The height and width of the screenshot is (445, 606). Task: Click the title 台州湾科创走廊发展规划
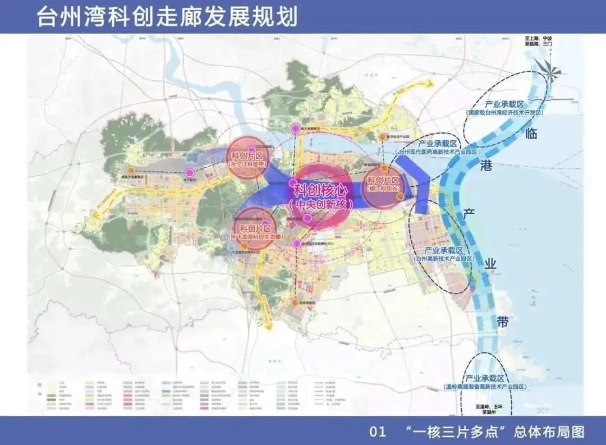pyautogui.click(x=167, y=16)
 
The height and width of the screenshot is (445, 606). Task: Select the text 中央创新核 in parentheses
pyautogui.click(x=322, y=205)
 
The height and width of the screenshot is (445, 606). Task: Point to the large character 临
pyautogui.click(x=530, y=134)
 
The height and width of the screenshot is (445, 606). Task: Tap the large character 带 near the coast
pyautogui.click(x=503, y=321)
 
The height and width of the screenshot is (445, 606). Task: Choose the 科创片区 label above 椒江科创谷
pyautogui.click(x=383, y=180)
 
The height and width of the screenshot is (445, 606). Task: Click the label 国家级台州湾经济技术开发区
pyautogui.click(x=505, y=113)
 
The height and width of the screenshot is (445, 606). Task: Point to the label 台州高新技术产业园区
pyautogui.click(x=443, y=259)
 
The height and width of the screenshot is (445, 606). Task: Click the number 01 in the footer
pyautogui.click(x=378, y=432)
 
